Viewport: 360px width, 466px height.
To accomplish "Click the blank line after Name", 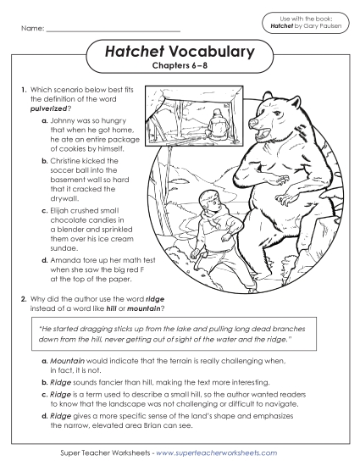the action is [x=114, y=31].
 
